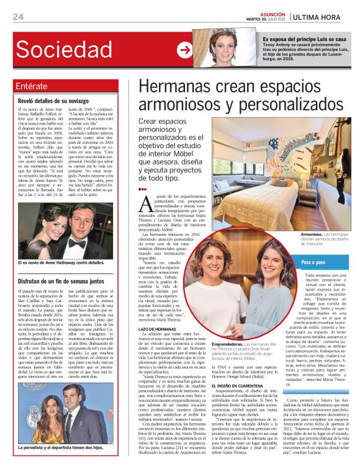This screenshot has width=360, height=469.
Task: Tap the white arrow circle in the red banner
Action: click(184, 50)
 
